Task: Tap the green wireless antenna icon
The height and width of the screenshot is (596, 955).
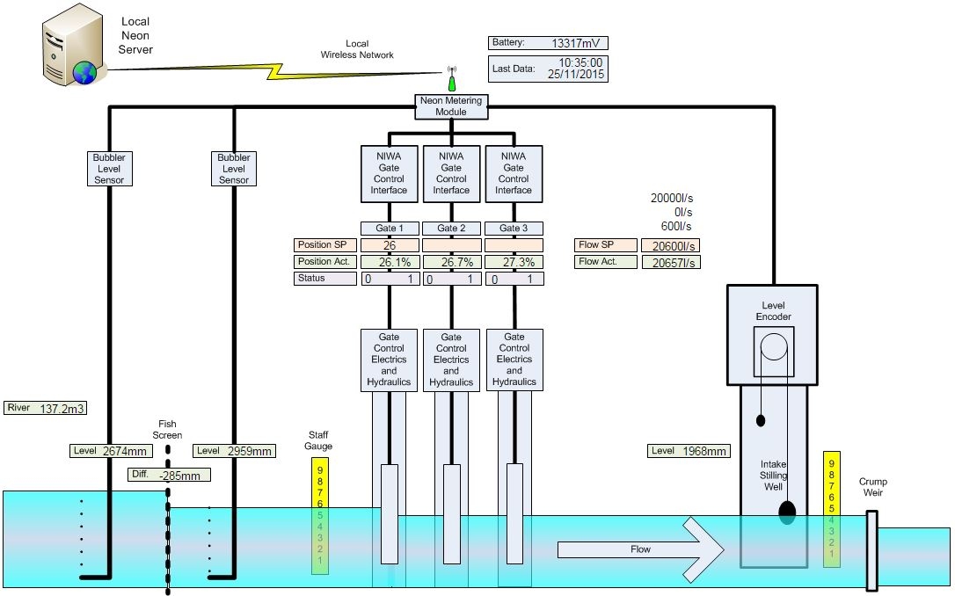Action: coord(452,80)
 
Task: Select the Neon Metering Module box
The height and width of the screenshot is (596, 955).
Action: coord(451,106)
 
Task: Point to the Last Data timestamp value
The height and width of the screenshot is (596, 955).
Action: coord(580,69)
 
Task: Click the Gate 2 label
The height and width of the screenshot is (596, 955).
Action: coord(451,229)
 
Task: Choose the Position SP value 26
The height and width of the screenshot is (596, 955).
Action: coord(389,245)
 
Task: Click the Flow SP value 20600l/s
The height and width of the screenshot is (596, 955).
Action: coord(670,246)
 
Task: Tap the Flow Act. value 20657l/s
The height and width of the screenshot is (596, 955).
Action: coord(670,263)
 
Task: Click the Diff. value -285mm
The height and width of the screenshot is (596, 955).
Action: coord(179,476)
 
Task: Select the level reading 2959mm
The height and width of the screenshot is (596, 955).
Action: coord(246,451)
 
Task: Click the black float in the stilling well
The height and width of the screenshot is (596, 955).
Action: coord(786,512)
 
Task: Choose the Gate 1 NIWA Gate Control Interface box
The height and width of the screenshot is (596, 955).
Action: coord(389,172)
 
